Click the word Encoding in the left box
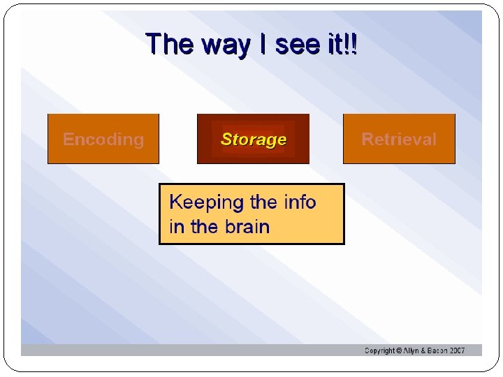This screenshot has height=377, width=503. pyautogui.click(x=103, y=139)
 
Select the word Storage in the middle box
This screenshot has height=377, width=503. pyautogui.click(x=254, y=139)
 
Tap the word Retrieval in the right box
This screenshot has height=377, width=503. pyautogui.click(x=399, y=139)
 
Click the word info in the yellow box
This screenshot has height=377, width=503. pyautogui.click(x=300, y=202)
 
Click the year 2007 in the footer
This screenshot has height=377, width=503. pyautogui.click(x=457, y=350)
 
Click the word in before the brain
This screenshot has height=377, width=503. pyautogui.click(x=176, y=227)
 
